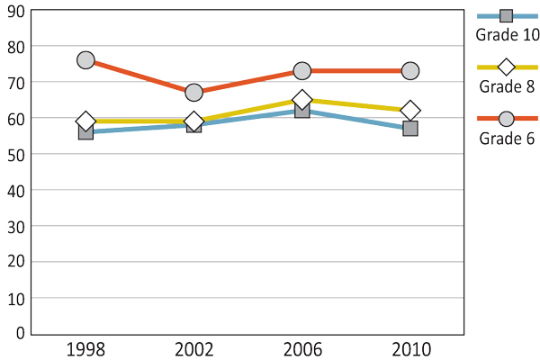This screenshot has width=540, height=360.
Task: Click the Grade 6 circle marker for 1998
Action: (85, 60)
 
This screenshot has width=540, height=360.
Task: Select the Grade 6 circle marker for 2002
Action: (193, 93)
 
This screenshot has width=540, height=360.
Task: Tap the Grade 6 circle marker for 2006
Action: (302, 71)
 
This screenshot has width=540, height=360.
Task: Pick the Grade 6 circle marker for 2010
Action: (410, 71)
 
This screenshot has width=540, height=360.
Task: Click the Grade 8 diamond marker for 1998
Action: (85, 121)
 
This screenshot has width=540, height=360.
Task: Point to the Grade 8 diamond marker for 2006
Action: (302, 100)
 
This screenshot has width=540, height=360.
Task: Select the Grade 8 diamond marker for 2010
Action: (410, 111)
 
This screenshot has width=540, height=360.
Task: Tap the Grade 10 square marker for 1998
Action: (85, 132)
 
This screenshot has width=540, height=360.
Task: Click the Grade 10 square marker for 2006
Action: (302, 111)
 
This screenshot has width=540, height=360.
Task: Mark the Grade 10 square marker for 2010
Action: (410, 129)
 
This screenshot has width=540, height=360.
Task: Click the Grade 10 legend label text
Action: (508, 35)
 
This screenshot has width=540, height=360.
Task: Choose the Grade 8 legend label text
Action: (507, 87)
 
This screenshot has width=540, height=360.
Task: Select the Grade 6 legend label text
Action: (507, 138)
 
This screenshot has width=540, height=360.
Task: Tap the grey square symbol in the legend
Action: (506, 16)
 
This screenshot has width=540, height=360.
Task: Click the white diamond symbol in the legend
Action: (506, 67)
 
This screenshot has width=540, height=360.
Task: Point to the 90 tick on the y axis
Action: (13, 10)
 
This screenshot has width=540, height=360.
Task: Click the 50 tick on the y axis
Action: (13, 154)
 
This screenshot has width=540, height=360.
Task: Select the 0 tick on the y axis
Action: (18, 333)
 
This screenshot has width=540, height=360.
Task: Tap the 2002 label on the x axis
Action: (193, 350)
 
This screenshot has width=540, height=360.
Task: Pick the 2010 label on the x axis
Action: (410, 350)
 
